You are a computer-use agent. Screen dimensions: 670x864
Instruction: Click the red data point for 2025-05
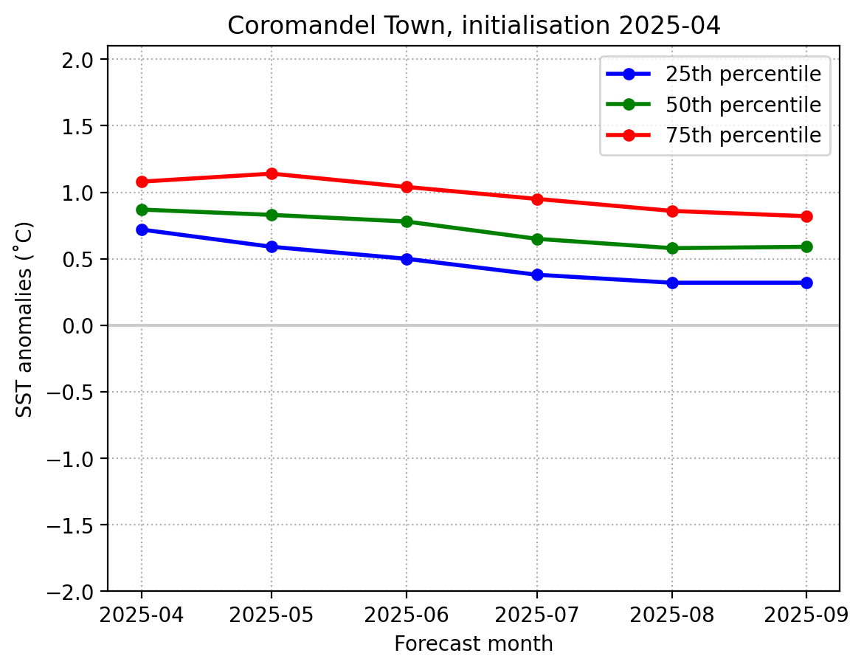coord(272,173)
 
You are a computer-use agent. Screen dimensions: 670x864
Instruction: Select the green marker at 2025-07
coord(537,239)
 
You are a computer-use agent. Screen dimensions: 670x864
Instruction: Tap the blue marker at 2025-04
coord(142,229)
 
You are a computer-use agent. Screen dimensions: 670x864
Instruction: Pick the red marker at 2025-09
coord(806,216)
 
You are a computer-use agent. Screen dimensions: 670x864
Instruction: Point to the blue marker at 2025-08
coord(672,283)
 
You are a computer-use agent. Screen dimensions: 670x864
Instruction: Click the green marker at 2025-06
coord(406,221)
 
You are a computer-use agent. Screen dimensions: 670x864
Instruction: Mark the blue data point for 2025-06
coord(406,259)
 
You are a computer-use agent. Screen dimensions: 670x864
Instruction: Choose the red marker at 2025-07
coord(537,199)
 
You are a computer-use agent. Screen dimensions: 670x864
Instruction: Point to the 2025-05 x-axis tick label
coord(272,613)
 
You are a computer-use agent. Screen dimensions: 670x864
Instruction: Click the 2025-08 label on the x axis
coord(672,613)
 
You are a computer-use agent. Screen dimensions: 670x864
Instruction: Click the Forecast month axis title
coord(474,644)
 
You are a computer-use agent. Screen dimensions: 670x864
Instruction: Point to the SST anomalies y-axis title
coord(26,319)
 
